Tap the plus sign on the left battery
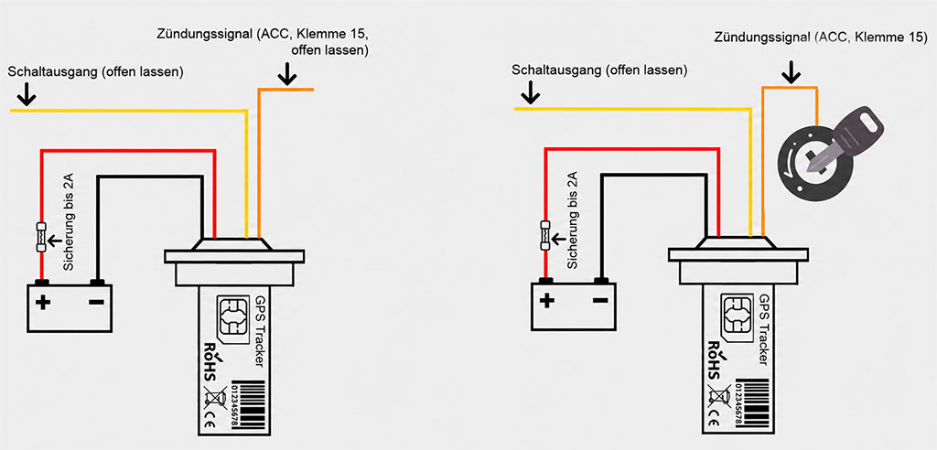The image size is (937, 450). tap(42, 302)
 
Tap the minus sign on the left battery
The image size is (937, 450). tap(95, 302)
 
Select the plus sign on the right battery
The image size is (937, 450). tap(545, 301)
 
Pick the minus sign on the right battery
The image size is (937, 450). tap(600, 300)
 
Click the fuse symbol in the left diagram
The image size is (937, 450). tap(40, 237)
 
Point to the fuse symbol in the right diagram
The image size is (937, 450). tap(544, 236)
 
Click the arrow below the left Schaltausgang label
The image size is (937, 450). tap(26, 94)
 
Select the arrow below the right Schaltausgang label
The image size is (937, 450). tap(530, 93)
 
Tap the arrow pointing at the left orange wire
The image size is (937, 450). tap(287, 75)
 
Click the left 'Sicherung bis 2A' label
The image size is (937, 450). tap(68, 221)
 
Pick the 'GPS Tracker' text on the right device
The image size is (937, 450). tap(761, 329)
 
